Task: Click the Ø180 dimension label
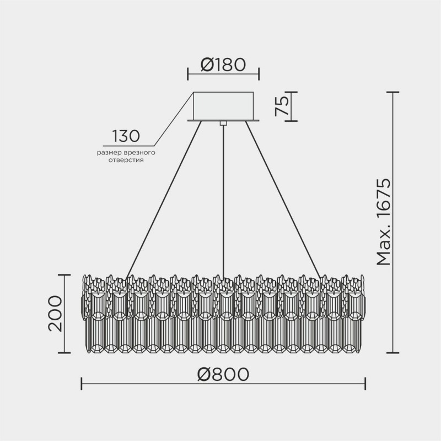coord(223,65)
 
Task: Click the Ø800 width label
coord(223,374)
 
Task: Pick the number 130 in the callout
coord(126,136)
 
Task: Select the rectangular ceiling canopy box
coord(223,105)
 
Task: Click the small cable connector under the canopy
coord(223,123)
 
